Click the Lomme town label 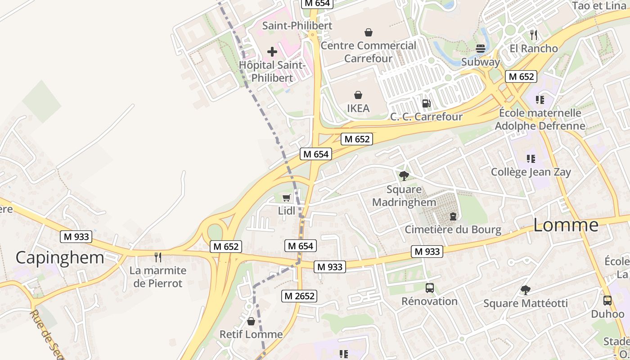click(566, 225)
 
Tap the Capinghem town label click(60, 257)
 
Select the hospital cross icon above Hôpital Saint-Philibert click(272, 52)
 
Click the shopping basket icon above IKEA click(358, 95)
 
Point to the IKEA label click(358, 108)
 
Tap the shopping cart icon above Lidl click(286, 198)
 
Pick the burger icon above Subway click(481, 48)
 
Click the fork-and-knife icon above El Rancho click(533, 35)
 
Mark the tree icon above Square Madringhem click(404, 175)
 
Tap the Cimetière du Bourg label click(453, 229)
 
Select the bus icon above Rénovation click(429, 288)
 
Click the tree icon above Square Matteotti click(525, 290)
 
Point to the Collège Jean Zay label click(531, 172)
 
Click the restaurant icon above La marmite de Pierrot click(157, 257)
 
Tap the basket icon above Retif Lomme click(251, 321)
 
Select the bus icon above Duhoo click(607, 300)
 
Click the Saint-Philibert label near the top click(297, 26)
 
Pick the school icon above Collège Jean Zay click(531, 158)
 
